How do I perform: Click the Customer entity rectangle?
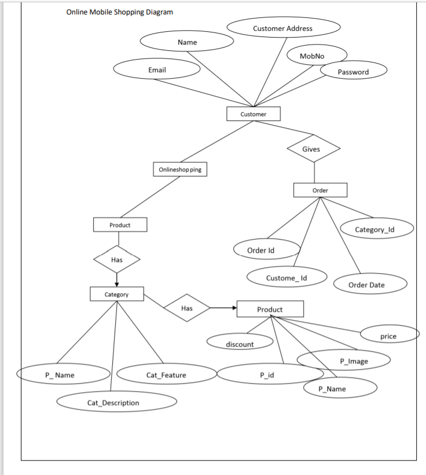[x=254, y=114]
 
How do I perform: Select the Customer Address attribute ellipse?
[x=282, y=28]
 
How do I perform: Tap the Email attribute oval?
[x=157, y=70]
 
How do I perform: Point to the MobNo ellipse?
[x=313, y=56]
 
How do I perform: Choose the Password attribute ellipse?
[x=353, y=72]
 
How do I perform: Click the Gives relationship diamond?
[x=311, y=149]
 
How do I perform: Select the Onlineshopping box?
[x=180, y=170]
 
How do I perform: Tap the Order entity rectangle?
[x=320, y=190]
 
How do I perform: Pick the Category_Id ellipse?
[x=375, y=229]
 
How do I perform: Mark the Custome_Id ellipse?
[x=287, y=278]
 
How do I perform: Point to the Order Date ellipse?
[x=366, y=285]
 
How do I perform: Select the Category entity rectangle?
[x=116, y=294]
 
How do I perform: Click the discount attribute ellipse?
[x=240, y=344]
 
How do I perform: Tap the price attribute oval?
[x=388, y=336]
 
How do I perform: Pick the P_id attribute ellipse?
[x=267, y=375]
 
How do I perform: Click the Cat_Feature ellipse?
[x=166, y=375]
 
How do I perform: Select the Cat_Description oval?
[x=113, y=402]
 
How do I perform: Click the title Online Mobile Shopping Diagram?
[x=119, y=12]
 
